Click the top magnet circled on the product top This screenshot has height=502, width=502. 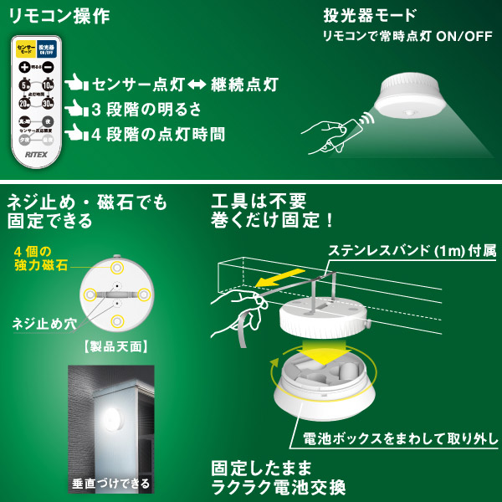point(117,266)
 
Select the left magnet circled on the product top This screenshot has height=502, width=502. point(90,294)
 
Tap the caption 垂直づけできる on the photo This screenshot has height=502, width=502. point(111,483)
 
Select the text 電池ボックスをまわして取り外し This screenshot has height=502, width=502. point(393,438)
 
